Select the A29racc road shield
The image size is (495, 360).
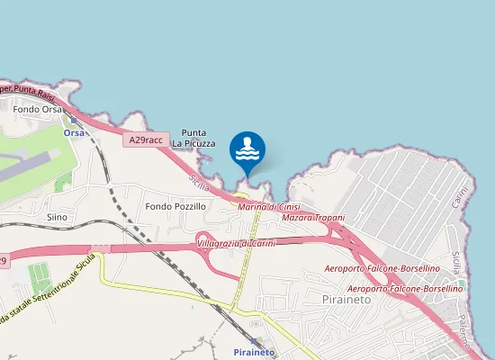click(145, 140)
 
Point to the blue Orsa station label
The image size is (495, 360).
click(74, 132)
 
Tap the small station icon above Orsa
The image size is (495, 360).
click(74, 120)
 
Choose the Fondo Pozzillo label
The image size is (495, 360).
click(175, 206)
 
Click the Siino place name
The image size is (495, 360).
click(57, 217)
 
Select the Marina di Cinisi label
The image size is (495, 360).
click(268, 207)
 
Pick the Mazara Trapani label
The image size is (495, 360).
click(313, 218)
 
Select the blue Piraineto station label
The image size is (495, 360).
click(254, 351)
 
